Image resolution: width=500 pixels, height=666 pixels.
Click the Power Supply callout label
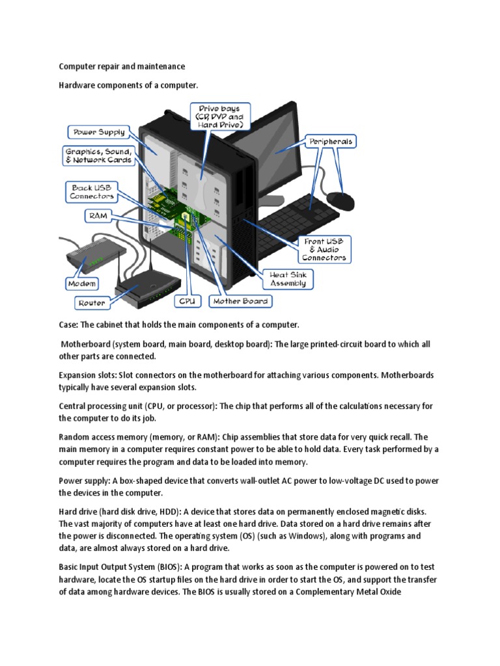[x=99, y=132]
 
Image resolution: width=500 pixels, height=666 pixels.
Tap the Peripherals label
[x=331, y=141]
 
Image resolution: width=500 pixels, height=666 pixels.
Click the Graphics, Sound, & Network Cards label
[x=99, y=155]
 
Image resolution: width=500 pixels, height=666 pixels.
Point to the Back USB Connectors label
[x=92, y=191]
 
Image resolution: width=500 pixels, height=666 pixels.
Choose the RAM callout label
[x=98, y=215]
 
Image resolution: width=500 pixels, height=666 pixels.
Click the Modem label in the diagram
[x=82, y=284]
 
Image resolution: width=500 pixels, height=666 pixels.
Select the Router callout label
[x=91, y=303]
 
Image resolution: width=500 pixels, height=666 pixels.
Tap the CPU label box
[x=187, y=301]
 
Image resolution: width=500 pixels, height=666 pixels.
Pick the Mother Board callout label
[x=240, y=301]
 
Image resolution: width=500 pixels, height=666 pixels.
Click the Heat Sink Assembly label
[x=288, y=279]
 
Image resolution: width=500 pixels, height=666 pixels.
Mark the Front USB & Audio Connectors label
[x=324, y=249]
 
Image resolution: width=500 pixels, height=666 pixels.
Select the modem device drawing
[x=91, y=256]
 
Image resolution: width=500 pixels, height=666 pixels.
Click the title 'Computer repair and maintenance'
[x=122, y=66]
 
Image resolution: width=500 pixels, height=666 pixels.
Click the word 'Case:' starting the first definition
[x=69, y=324]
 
